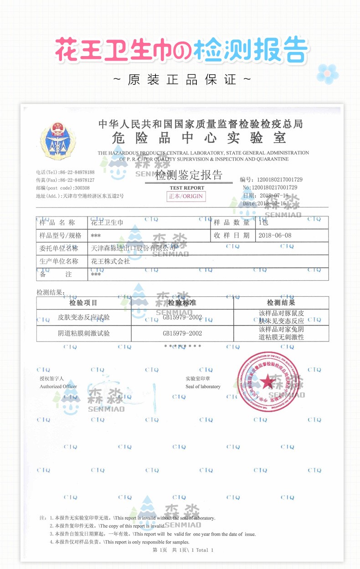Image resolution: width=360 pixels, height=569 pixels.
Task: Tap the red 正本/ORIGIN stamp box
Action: [186, 196]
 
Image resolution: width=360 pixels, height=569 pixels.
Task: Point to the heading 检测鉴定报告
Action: [188, 175]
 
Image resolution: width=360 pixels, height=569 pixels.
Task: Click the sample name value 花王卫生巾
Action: [107, 222]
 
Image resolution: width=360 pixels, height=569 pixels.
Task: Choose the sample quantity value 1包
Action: [264, 222]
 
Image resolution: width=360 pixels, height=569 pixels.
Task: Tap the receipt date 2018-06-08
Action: [274, 236]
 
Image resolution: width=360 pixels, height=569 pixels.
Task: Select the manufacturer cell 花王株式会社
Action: [111, 261]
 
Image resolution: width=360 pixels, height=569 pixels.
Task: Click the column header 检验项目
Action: [83, 303]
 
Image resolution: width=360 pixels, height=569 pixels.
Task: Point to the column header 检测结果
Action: [281, 303]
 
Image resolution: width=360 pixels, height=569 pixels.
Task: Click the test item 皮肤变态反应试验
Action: [83, 317]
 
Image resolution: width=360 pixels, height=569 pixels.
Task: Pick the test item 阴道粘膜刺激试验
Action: [83, 333]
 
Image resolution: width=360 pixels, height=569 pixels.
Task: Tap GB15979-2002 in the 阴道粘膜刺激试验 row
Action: [182, 333]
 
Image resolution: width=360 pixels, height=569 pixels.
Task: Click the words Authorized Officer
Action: [58, 387]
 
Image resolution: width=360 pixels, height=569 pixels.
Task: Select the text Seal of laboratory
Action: [203, 387]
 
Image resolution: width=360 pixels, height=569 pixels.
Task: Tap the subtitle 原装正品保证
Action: [182, 80]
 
